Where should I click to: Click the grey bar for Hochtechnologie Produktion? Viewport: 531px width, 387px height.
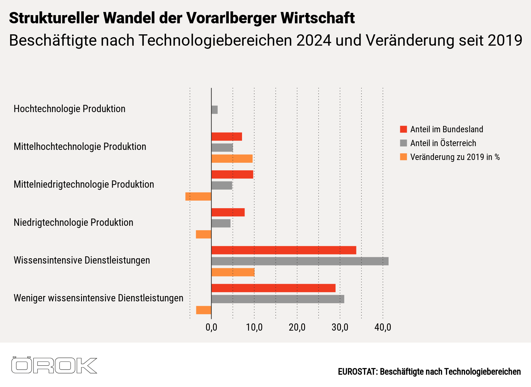(215, 110)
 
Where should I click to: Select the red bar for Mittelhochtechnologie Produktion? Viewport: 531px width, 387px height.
(227, 137)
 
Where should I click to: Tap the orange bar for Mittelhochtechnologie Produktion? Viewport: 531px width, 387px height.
(232, 159)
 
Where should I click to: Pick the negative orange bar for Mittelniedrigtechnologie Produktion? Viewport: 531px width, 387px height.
(198, 196)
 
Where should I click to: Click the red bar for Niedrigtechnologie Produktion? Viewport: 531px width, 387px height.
(228, 213)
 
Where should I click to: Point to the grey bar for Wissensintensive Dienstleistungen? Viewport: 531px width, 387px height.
(300, 261)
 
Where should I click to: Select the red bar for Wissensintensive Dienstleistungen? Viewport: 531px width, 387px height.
(284, 250)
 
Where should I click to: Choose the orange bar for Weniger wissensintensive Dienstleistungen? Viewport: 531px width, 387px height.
(204, 310)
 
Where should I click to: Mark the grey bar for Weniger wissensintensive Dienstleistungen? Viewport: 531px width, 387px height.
(278, 299)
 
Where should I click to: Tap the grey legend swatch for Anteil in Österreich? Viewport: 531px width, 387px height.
(403, 143)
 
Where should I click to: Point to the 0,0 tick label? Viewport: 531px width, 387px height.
(211, 327)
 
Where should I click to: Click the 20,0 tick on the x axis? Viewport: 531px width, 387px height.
(297, 327)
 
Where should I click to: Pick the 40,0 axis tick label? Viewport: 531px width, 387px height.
(383, 327)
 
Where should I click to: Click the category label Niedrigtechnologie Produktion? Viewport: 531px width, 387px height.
(73, 223)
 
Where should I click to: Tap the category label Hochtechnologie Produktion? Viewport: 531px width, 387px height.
(69, 109)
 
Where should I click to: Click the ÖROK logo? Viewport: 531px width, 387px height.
(54, 365)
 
